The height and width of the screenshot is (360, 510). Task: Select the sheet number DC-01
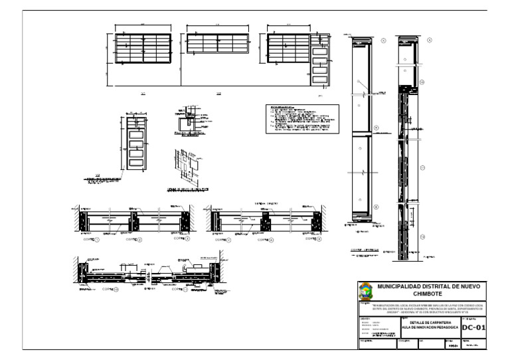tap(474, 327)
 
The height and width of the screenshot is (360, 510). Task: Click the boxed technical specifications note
tap(302, 119)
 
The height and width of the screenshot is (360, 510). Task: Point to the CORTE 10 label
tap(111, 290)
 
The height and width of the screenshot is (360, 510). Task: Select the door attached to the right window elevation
tap(320, 65)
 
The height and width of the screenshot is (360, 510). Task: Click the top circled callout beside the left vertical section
tap(384, 41)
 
